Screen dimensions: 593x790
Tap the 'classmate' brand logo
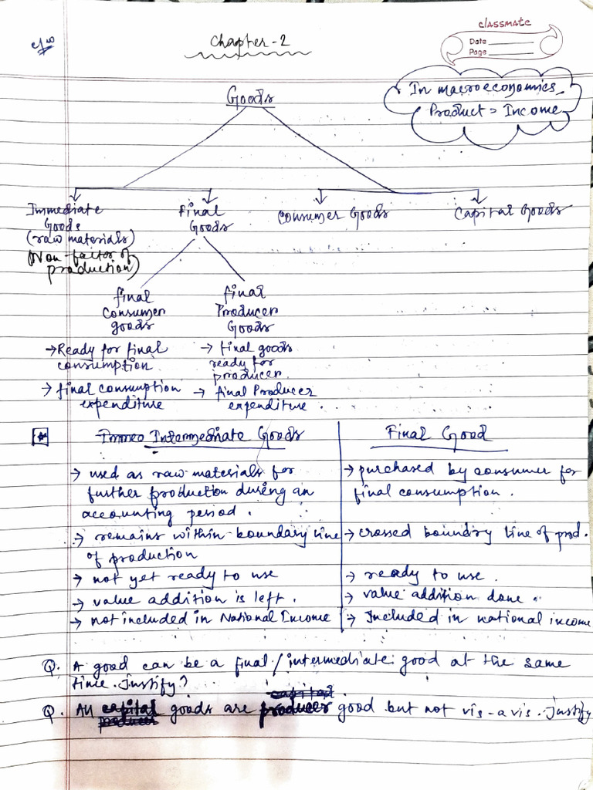504,22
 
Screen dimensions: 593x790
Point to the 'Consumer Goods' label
333,216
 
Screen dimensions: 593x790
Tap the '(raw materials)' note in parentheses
80,238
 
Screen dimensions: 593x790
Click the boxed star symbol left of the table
40,437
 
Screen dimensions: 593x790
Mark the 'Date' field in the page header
479,42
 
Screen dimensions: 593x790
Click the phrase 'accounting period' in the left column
166,512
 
